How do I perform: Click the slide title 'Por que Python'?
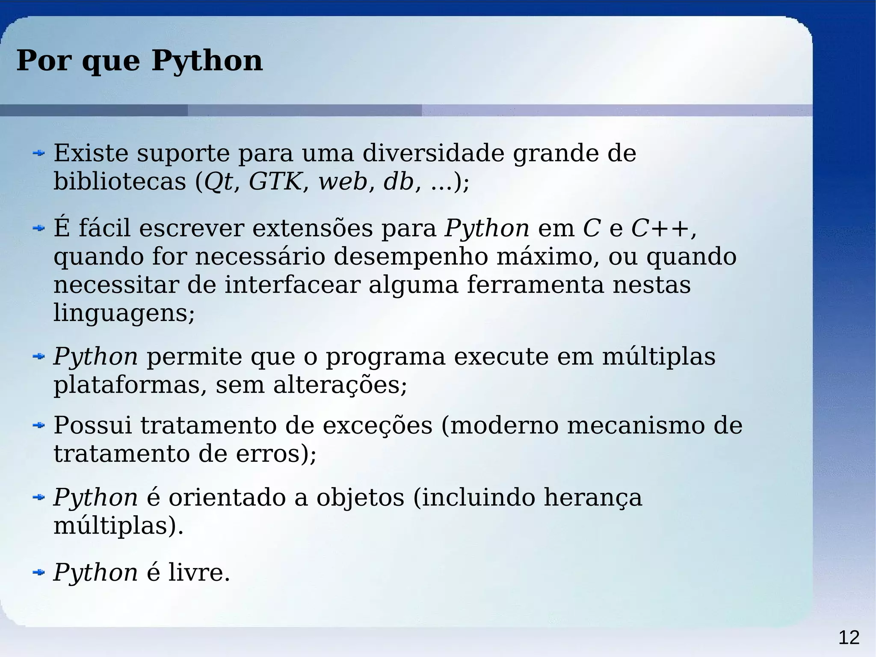(139, 61)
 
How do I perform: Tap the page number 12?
(849, 638)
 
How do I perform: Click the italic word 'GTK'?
(275, 181)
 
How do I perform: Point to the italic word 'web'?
(343, 181)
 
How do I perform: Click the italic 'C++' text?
(661, 228)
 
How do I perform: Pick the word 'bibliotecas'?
(120, 181)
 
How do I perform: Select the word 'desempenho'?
(411, 257)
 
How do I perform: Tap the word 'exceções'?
(377, 426)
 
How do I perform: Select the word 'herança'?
(593, 498)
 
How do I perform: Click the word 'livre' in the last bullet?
(195, 572)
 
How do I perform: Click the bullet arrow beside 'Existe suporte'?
(39, 153)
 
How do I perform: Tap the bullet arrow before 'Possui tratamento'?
(39, 425)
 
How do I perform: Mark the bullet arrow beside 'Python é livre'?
(39, 572)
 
